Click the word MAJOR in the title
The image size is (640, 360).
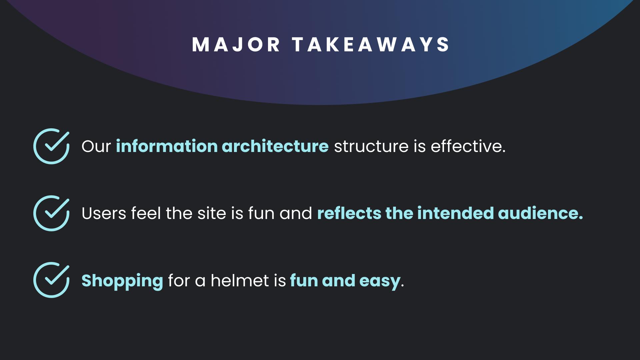(236, 45)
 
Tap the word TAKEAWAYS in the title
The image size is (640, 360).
(371, 45)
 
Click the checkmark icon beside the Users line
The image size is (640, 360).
(51, 213)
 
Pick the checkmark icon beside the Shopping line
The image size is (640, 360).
(51, 280)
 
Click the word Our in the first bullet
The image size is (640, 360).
(96, 146)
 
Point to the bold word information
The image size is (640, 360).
(167, 146)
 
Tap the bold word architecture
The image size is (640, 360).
(275, 146)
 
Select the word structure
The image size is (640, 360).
(371, 147)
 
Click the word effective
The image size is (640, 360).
(468, 146)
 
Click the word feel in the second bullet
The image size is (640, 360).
(146, 213)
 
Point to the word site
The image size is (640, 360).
(212, 213)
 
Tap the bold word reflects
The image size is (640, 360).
(349, 213)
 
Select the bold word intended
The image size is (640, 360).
(455, 213)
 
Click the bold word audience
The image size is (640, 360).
(540, 213)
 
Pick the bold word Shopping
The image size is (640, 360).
(122, 281)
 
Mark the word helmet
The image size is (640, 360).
(240, 280)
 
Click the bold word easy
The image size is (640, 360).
(380, 282)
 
